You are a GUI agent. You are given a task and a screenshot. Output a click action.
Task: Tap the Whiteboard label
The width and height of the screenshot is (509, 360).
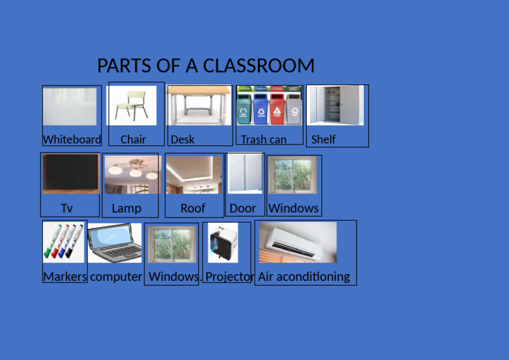point(72,139)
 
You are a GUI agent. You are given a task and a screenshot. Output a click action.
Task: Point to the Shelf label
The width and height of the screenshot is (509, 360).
point(323,139)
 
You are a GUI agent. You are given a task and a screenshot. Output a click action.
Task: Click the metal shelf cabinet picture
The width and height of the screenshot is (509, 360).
point(336,105)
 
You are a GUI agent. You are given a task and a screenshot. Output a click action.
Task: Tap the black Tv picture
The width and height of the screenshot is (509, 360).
point(70,173)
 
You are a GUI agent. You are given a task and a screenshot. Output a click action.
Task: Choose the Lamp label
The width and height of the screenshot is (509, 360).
point(126,208)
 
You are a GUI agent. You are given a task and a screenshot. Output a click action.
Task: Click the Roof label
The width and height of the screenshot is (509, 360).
point(193,208)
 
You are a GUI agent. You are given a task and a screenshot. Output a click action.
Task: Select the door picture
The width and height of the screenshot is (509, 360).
point(245,173)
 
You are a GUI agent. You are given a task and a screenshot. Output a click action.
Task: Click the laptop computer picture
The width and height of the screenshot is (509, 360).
point(115,243)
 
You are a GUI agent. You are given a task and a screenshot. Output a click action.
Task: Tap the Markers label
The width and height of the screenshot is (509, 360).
point(65,276)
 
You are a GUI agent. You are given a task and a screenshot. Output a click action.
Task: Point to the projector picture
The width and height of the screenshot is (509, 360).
point(223,243)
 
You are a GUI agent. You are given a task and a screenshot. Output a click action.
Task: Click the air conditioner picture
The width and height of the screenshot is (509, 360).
point(298,242)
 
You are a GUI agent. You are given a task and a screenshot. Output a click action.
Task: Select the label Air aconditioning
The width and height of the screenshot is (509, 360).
point(304,276)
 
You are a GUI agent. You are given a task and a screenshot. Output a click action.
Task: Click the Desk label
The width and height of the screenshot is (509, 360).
point(182,139)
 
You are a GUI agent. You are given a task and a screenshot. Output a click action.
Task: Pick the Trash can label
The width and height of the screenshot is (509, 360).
point(263,139)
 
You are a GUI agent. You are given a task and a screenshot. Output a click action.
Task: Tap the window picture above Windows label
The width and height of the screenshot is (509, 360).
point(292,174)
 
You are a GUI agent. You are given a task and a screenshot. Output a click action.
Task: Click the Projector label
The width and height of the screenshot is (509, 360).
point(229,276)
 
